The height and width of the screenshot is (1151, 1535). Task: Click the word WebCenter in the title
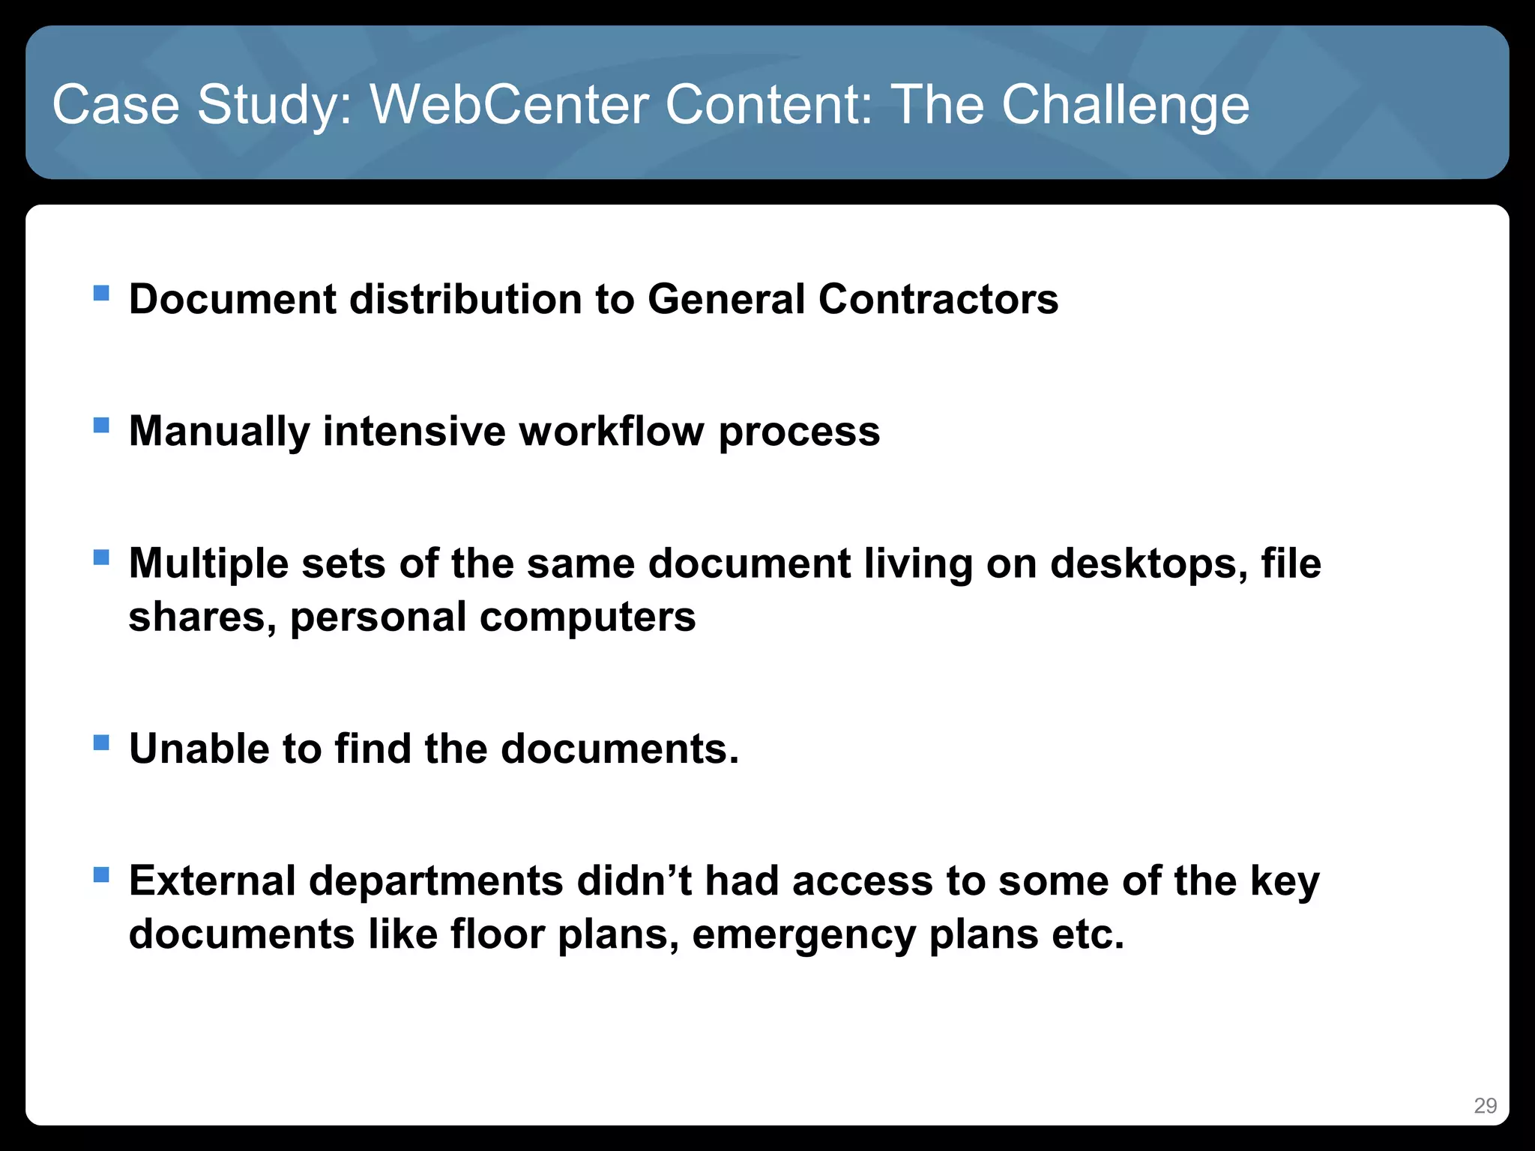[510, 105]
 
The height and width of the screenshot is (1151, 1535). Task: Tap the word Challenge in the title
[1125, 105]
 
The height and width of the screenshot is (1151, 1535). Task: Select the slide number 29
[1485, 1105]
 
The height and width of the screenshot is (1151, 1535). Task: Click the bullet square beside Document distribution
[101, 292]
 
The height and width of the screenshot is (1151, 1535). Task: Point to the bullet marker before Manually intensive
[101, 425]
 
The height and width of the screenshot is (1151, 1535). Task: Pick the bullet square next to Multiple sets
[101, 557]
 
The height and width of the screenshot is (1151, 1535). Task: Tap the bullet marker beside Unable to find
[101, 743]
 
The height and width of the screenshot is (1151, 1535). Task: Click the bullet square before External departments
[101, 874]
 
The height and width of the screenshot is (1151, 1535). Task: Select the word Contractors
[938, 299]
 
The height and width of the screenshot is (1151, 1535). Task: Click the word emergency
[803, 935]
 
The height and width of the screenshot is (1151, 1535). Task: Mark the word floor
[498, 934]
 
